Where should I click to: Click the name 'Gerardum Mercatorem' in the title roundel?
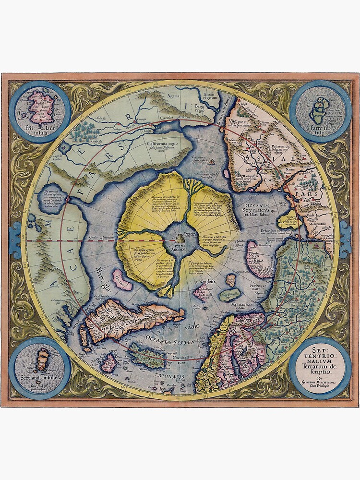click(x=319, y=382)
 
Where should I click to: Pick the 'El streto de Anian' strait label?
click(x=222, y=115)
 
